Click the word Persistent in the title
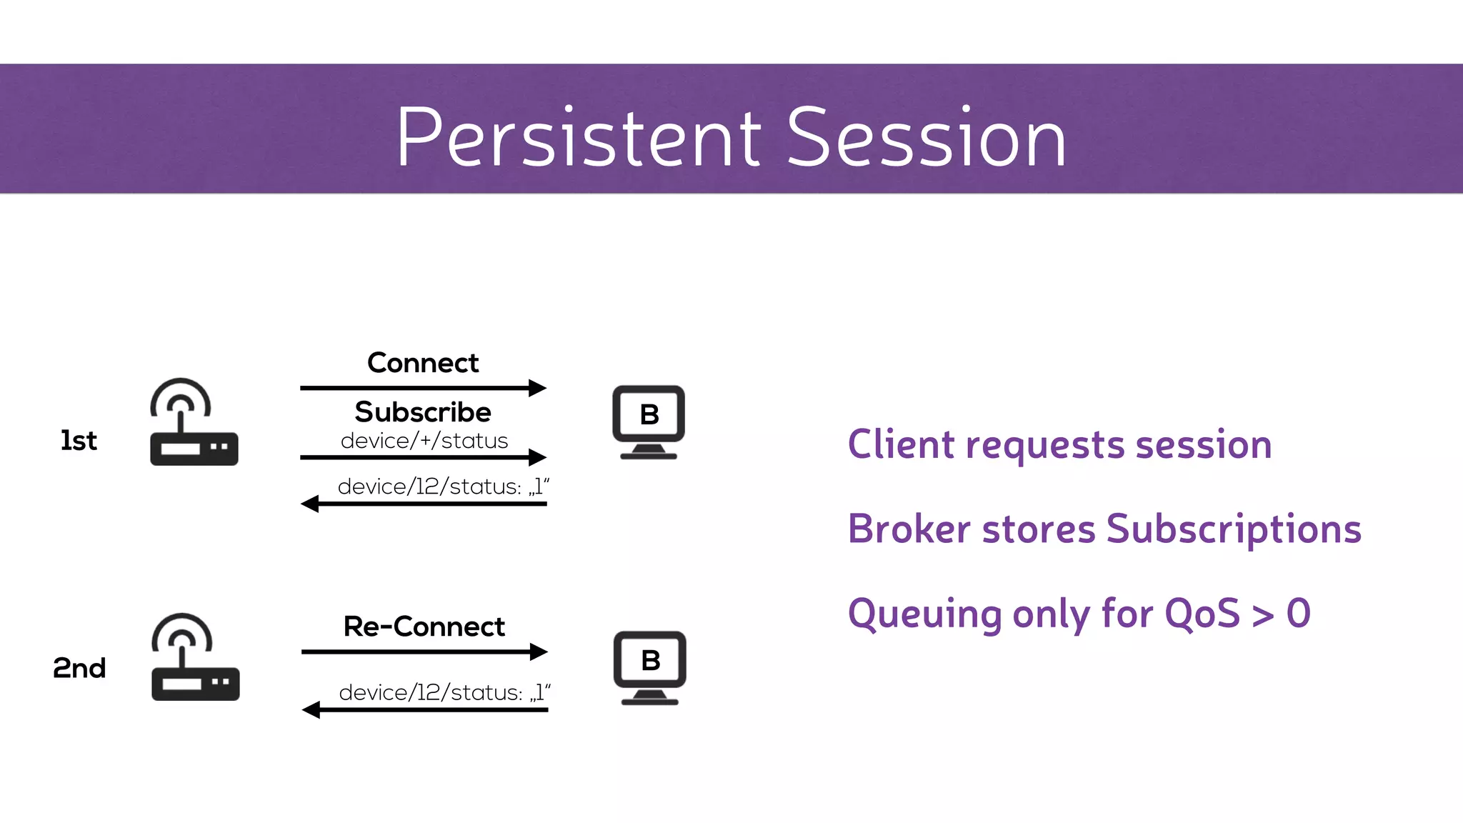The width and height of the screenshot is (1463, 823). point(579,137)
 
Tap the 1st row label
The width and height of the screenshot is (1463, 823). point(79,441)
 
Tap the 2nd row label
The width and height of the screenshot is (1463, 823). point(79,668)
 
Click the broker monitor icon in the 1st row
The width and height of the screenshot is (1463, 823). point(649,422)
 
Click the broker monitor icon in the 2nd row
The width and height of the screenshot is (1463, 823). point(649,667)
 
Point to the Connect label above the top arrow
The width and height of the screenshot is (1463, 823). point(423,363)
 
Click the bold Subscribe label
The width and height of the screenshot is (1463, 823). point(423,412)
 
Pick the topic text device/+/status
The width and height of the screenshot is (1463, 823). point(424,441)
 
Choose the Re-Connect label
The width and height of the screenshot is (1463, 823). point(424,627)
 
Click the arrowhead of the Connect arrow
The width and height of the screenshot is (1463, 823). point(538,388)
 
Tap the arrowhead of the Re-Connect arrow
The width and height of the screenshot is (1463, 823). point(539,652)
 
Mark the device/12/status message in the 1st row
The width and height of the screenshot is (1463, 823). point(443,487)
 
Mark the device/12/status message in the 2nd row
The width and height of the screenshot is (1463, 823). point(444,692)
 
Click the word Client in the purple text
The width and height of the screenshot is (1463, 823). point(900,444)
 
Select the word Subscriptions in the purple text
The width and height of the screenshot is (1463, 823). point(1234,529)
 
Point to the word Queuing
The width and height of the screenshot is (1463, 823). point(924,614)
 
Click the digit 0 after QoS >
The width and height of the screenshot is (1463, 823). point(1298,613)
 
